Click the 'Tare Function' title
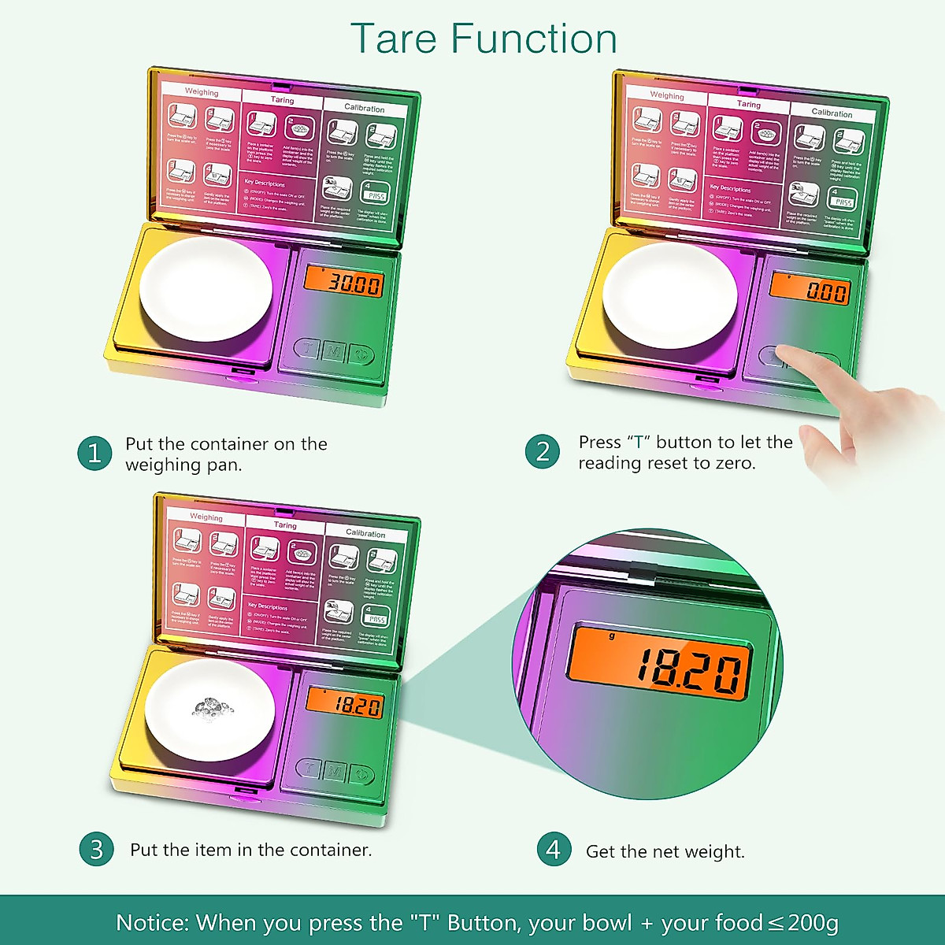pos(483,39)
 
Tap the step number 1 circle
pos(94,454)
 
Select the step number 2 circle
pos(543,452)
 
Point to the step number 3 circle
pos(96,849)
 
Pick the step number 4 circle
pos(554,849)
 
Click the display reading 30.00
pos(344,283)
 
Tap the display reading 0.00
pos(810,290)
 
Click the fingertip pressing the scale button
pos(787,354)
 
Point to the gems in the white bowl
pos(211,707)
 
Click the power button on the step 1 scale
pos(362,354)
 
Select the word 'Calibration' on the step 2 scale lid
pos(832,113)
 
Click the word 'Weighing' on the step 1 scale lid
pos(202,92)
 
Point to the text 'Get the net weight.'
pos(665,851)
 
